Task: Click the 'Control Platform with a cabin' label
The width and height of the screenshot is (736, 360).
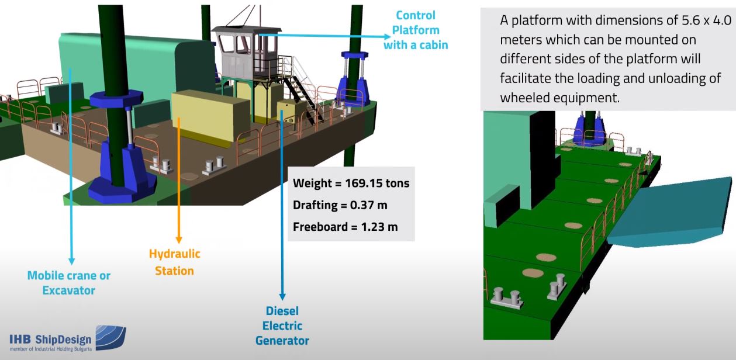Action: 416,30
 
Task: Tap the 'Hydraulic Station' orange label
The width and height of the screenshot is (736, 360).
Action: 174,262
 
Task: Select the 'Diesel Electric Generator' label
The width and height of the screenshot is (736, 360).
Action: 282,326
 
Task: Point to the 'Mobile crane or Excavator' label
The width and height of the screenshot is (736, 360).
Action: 69,283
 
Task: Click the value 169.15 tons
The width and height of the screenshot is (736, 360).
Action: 382,183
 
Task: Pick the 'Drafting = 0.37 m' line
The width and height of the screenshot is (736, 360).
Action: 340,205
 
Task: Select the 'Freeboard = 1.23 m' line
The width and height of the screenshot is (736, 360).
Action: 345,227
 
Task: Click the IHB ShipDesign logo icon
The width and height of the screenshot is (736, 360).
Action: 110,338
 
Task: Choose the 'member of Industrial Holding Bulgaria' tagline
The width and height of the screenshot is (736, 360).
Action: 50,348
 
